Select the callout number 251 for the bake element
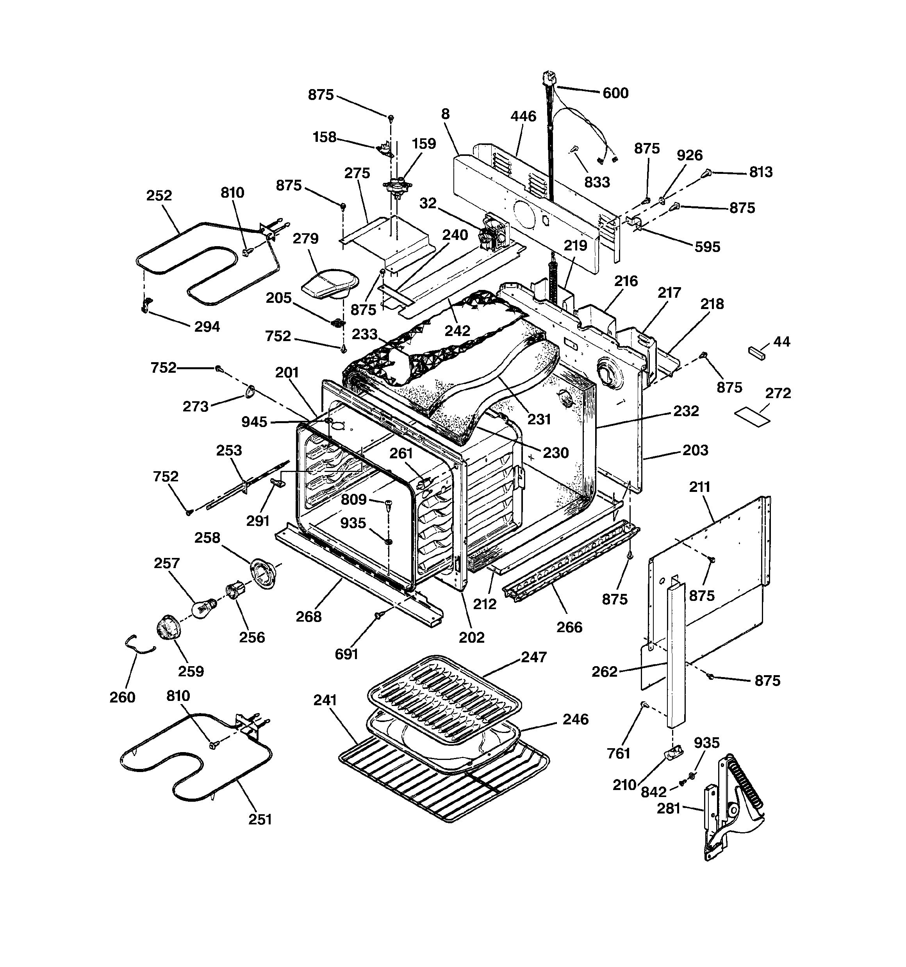coord(260,819)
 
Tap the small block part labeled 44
coord(756,352)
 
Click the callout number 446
coord(523,116)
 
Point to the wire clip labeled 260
coord(137,645)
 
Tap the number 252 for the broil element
coord(159,195)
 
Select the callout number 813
coord(761,172)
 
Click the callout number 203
coord(695,450)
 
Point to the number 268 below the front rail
coord(309,617)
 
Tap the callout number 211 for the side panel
coord(699,486)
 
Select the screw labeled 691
coord(378,617)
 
